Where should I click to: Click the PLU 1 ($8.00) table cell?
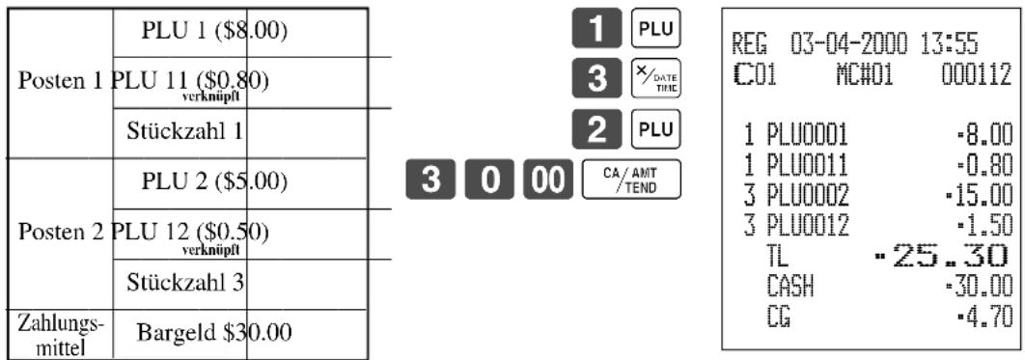239,33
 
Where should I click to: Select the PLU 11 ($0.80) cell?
239,82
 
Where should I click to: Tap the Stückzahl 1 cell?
239,132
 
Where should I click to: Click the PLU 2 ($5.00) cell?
239,183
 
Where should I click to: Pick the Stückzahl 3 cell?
239,284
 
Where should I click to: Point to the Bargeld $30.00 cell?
239,334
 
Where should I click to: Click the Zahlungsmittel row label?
60,334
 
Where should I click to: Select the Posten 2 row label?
60,234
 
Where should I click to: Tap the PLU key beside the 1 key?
655,29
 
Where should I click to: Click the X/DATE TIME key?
655,80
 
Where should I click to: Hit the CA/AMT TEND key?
630,180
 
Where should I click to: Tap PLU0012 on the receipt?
809,226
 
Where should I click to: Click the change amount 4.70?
983,317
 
